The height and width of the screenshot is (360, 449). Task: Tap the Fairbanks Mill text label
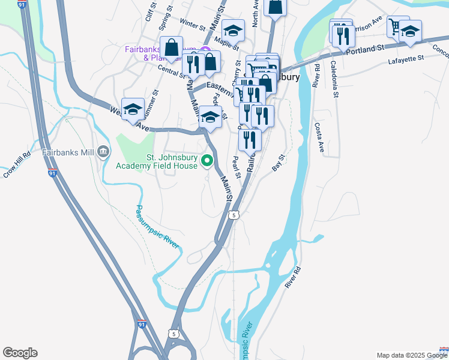tap(68, 152)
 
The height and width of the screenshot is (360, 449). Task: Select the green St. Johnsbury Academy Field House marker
tap(207, 160)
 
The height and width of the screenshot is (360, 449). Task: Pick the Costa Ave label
tap(319, 138)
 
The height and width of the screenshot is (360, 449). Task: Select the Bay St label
tap(277, 163)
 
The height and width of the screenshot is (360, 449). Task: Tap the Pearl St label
tap(236, 167)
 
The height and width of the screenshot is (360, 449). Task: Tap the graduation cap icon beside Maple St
tap(233, 30)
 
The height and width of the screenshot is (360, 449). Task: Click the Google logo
tap(20, 353)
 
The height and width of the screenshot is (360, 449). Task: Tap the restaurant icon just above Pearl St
tap(250, 140)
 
